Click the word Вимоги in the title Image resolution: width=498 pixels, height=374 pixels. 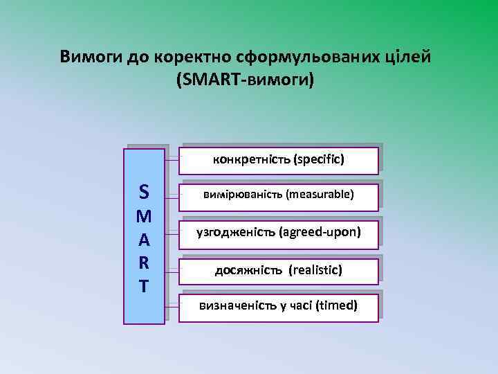[91, 56]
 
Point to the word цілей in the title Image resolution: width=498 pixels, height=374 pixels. [408, 56]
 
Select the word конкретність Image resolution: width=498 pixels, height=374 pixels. [251, 160]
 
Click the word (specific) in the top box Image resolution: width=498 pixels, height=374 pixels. [319, 160]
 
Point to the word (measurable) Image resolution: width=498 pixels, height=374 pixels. [321, 195]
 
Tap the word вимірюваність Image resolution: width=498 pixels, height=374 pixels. [243, 195]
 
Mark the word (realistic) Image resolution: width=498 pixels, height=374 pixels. [315, 269]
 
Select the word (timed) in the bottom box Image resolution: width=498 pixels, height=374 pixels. [336, 305]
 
